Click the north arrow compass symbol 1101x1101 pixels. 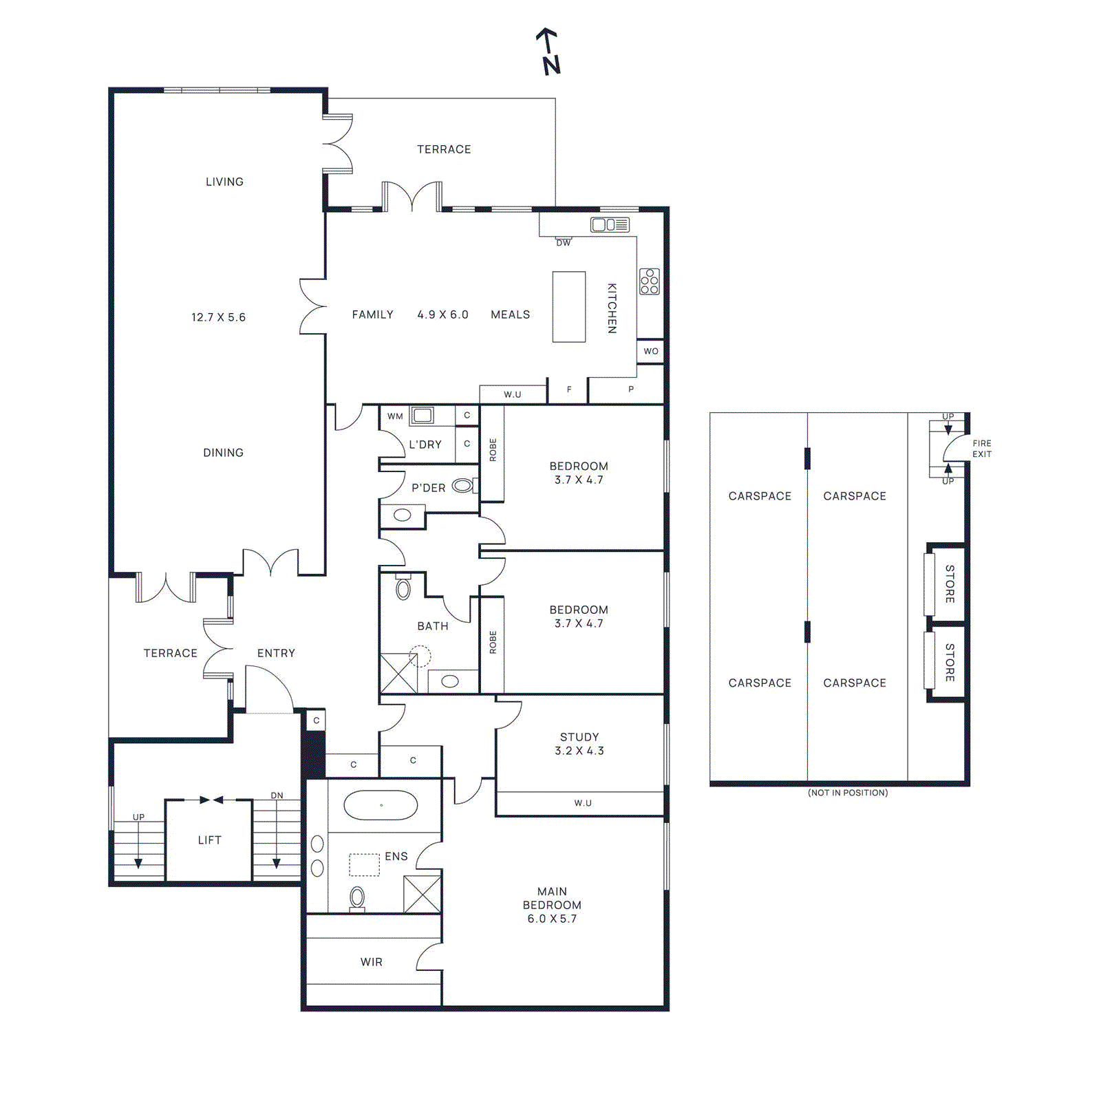click(548, 52)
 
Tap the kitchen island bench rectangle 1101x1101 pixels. click(568, 307)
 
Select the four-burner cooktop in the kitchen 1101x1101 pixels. click(649, 281)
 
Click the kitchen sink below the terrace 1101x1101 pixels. click(610, 225)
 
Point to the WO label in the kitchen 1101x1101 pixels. click(650, 351)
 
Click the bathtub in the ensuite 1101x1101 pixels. click(381, 805)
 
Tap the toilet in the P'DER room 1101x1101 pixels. click(462, 486)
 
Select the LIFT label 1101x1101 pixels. click(209, 840)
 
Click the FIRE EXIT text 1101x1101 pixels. click(981, 449)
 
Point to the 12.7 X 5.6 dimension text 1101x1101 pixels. click(218, 317)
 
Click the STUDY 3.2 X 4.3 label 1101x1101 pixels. click(579, 744)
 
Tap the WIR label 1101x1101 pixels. click(371, 962)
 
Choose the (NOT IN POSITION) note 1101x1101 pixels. click(847, 793)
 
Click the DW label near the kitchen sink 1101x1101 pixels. click(563, 243)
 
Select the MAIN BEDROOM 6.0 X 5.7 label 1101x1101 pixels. click(552, 905)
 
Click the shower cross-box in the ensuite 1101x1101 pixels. click(422, 894)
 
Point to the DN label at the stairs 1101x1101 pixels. click(277, 795)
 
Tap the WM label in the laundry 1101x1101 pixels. click(395, 416)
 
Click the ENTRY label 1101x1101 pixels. click(276, 653)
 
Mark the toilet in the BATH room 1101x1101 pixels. click(403, 588)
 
